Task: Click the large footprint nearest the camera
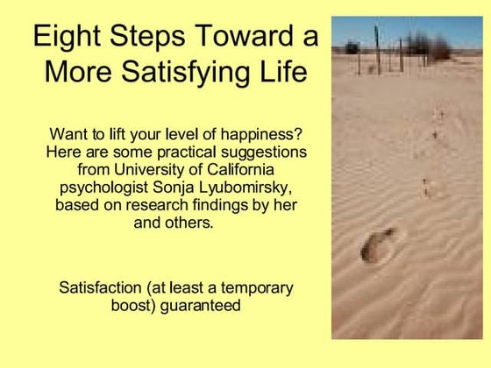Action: (378, 244)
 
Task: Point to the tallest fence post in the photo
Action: (378, 49)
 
